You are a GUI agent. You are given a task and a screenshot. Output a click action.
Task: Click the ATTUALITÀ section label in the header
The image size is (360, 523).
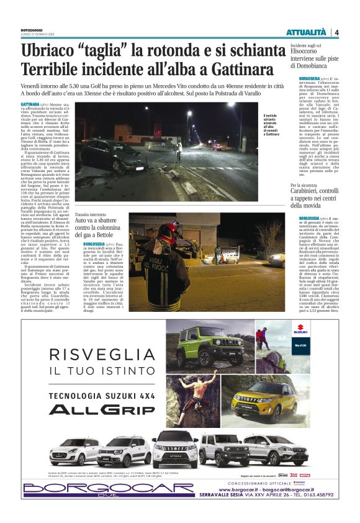click(306, 32)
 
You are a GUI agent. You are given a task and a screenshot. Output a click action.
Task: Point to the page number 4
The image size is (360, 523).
click(336, 32)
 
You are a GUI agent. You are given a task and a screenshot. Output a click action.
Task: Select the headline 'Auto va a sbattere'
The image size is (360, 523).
click(97, 220)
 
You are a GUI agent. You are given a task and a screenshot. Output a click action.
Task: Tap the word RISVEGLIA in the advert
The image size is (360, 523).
click(102, 355)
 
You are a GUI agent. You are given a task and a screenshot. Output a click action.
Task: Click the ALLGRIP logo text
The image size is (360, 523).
click(102, 409)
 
